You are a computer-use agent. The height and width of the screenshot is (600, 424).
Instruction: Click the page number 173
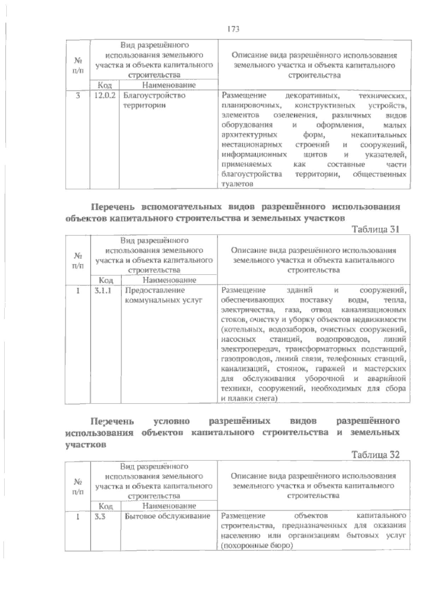pos(234,29)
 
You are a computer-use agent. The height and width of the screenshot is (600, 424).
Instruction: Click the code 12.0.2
pos(105,96)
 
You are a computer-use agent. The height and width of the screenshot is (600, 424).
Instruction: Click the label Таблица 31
pos(376,229)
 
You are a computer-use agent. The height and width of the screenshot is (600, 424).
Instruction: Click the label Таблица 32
pos(376,455)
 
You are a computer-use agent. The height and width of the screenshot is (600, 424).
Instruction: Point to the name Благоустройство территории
pos(154,100)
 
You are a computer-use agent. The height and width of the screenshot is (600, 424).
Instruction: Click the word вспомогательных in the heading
pos(182,207)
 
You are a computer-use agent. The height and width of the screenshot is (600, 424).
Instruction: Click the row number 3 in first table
pos(78,96)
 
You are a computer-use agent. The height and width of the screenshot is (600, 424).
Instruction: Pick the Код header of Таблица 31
pos(106,280)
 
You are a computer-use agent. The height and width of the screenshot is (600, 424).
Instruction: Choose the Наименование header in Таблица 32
pos(169,506)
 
